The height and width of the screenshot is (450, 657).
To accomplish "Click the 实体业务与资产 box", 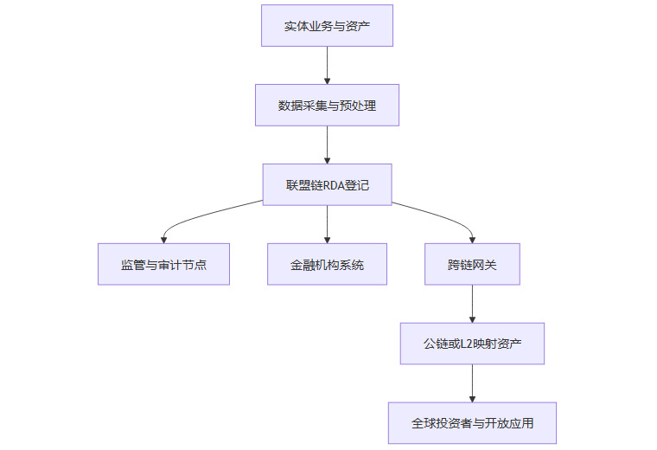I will (x=327, y=25).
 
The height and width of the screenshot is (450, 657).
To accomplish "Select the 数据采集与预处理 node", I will (x=327, y=105).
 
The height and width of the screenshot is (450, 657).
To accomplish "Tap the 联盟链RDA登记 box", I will (x=327, y=184).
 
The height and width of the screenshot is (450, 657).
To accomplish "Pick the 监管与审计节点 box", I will (x=163, y=264).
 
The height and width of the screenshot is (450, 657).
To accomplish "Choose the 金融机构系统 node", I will (x=327, y=264).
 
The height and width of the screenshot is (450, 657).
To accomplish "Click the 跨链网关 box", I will (x=472, y=264).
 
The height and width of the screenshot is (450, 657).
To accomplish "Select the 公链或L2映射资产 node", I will (x=472, y=344).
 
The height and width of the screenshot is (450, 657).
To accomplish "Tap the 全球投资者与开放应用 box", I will (x=472, y=423).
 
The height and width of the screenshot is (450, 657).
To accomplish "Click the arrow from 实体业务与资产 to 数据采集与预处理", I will (x=327, y=65).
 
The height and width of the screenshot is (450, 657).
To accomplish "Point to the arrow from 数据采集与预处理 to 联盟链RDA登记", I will (x=327, y=145).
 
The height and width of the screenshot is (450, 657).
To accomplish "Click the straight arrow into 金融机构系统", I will (x=327, y=224).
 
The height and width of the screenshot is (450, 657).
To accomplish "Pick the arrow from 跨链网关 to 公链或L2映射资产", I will (x=472, y=304).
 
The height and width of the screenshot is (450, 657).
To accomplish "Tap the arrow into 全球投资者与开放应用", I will (x=472, y=383).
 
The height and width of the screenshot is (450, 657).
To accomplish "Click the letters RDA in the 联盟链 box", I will (x=334, y=184).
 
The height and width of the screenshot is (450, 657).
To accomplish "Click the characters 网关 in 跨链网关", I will (x=484, y=264).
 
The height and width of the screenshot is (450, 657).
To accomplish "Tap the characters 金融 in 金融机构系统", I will (x=303, y=264).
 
